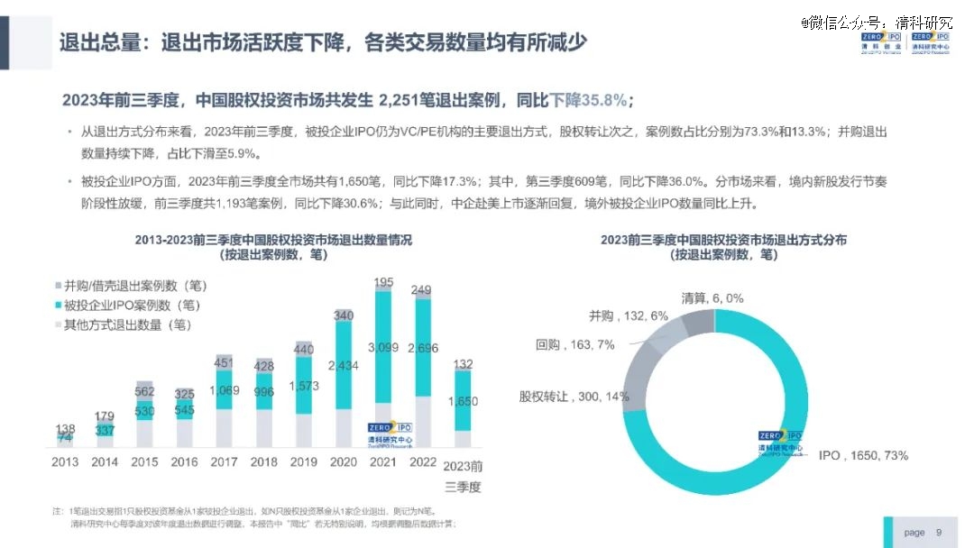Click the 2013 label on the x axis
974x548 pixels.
point(64,462)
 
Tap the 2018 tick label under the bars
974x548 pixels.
point(263,462)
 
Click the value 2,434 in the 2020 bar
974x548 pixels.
point(344,365)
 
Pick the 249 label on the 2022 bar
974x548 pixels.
point(421,290)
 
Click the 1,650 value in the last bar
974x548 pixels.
point(462,401)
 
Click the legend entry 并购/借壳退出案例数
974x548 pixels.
point(135,286)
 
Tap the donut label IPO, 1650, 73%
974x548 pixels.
point(863,456)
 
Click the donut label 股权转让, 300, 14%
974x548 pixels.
point(573,396)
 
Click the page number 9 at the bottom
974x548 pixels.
point(939,533)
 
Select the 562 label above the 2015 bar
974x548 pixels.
point(144,391)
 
